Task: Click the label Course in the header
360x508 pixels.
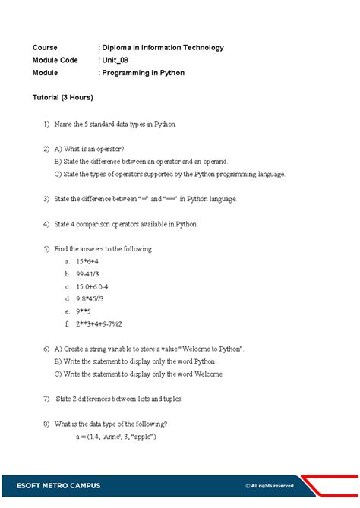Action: point(45,47)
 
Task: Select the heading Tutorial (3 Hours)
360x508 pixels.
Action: point(63,98)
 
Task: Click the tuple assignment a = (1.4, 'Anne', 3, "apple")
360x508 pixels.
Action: point(115,437)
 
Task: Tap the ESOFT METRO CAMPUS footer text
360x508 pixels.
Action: point(57,485)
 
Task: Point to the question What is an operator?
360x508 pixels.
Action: point(90,149)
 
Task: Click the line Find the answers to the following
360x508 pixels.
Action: point(103,248)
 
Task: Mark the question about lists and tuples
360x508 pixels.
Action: point(118,399)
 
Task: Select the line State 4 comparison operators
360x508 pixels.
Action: point(126,224)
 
